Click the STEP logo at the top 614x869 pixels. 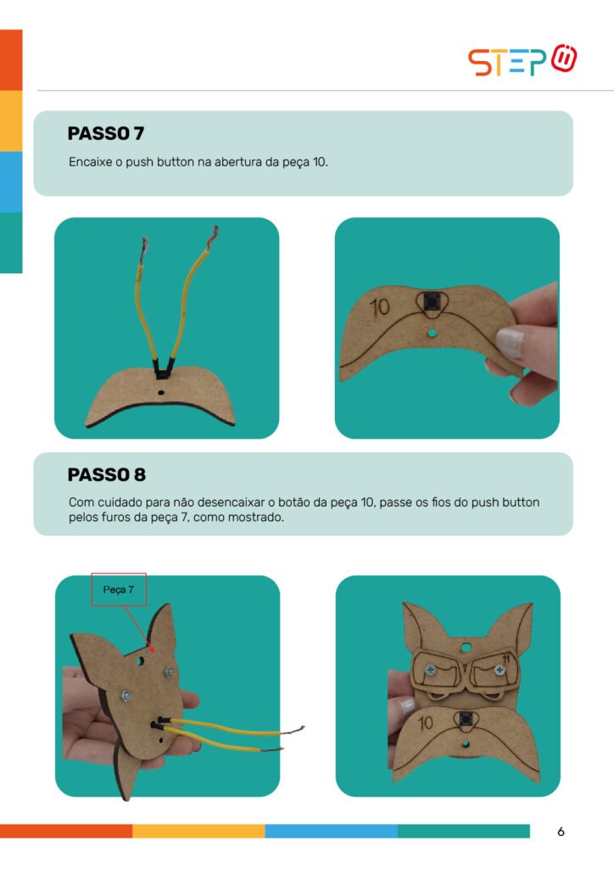coord(522,60)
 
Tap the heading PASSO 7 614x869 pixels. coord(106,133)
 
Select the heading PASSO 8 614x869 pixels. coord(107,475)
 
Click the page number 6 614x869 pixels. coord(561,832)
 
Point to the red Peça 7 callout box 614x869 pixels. coord(119,590)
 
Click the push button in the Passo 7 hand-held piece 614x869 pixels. coord(432,303)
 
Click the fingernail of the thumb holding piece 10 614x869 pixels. coord(511,342)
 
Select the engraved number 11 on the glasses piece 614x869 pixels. coord(505,659)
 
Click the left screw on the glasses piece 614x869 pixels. coord(430,670)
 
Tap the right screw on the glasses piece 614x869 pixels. coord(500,670)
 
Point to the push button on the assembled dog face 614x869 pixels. coord(466,720)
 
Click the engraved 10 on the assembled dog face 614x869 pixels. coord(425,723)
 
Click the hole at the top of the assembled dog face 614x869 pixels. coord(466,647)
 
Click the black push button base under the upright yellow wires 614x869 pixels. coord(161,368)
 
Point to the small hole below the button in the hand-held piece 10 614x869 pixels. coord(432,333)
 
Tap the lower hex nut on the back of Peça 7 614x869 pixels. coord(126,695)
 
